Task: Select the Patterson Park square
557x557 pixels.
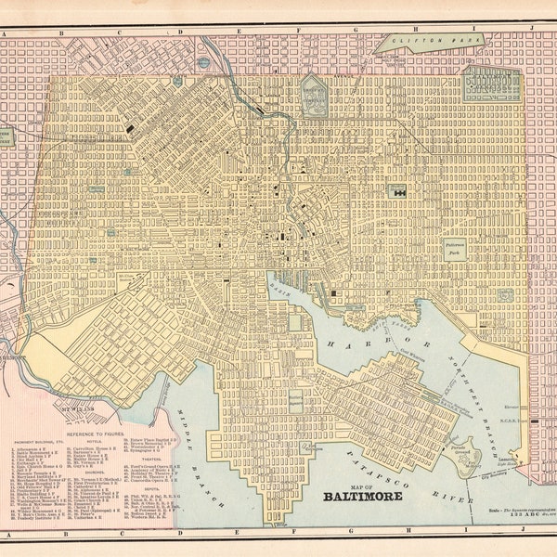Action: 453,247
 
